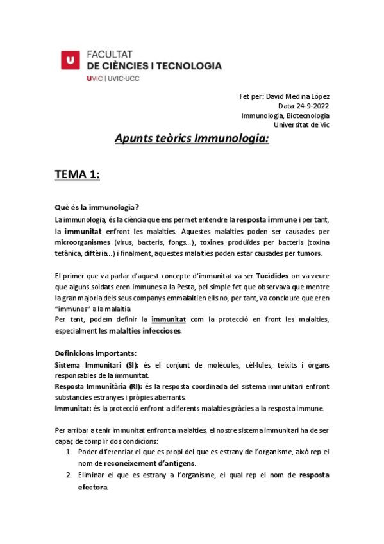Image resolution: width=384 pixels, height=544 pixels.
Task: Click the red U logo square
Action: (x=71, y=60)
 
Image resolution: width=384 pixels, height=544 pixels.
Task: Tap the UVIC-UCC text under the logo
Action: (x=113, y=78)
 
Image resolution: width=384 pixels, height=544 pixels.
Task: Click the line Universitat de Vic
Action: (x=301, y=125)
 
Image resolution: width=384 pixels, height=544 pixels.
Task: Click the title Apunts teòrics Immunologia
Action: (x=192, y=139)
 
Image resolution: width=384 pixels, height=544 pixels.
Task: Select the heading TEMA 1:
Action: (x=77, y=175)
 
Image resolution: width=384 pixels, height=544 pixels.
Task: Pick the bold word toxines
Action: (x=212, y=243)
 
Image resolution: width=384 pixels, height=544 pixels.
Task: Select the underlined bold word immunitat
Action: (x=169, y=319)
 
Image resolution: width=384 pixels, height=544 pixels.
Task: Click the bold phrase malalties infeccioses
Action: (x=145, y=331)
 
